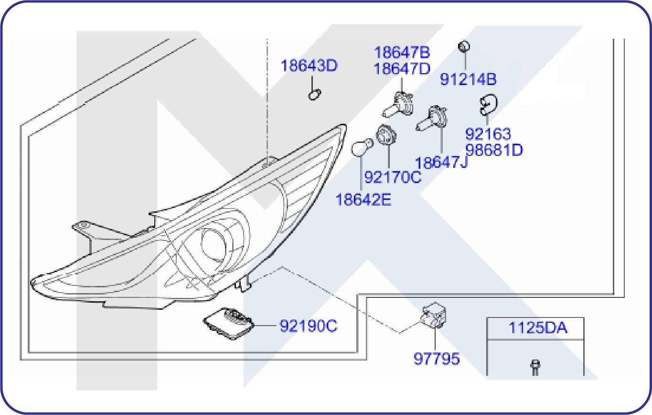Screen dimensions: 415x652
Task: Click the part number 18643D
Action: click(309, 66)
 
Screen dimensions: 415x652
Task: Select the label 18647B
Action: click(402, 52)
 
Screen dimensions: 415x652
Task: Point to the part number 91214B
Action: click(468, 79)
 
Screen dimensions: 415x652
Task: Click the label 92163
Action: click(488, 134)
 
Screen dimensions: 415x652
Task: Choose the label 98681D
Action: click(494, 150)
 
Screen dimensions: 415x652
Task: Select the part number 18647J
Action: click(441, 163)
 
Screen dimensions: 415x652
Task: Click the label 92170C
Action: click(393, 177)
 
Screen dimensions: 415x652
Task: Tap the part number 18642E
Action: click(363, 199)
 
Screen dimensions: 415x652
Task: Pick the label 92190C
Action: click(308, 327)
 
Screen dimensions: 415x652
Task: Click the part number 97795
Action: click(436, 358)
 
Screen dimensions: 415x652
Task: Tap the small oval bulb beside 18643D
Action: click(313, 95)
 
